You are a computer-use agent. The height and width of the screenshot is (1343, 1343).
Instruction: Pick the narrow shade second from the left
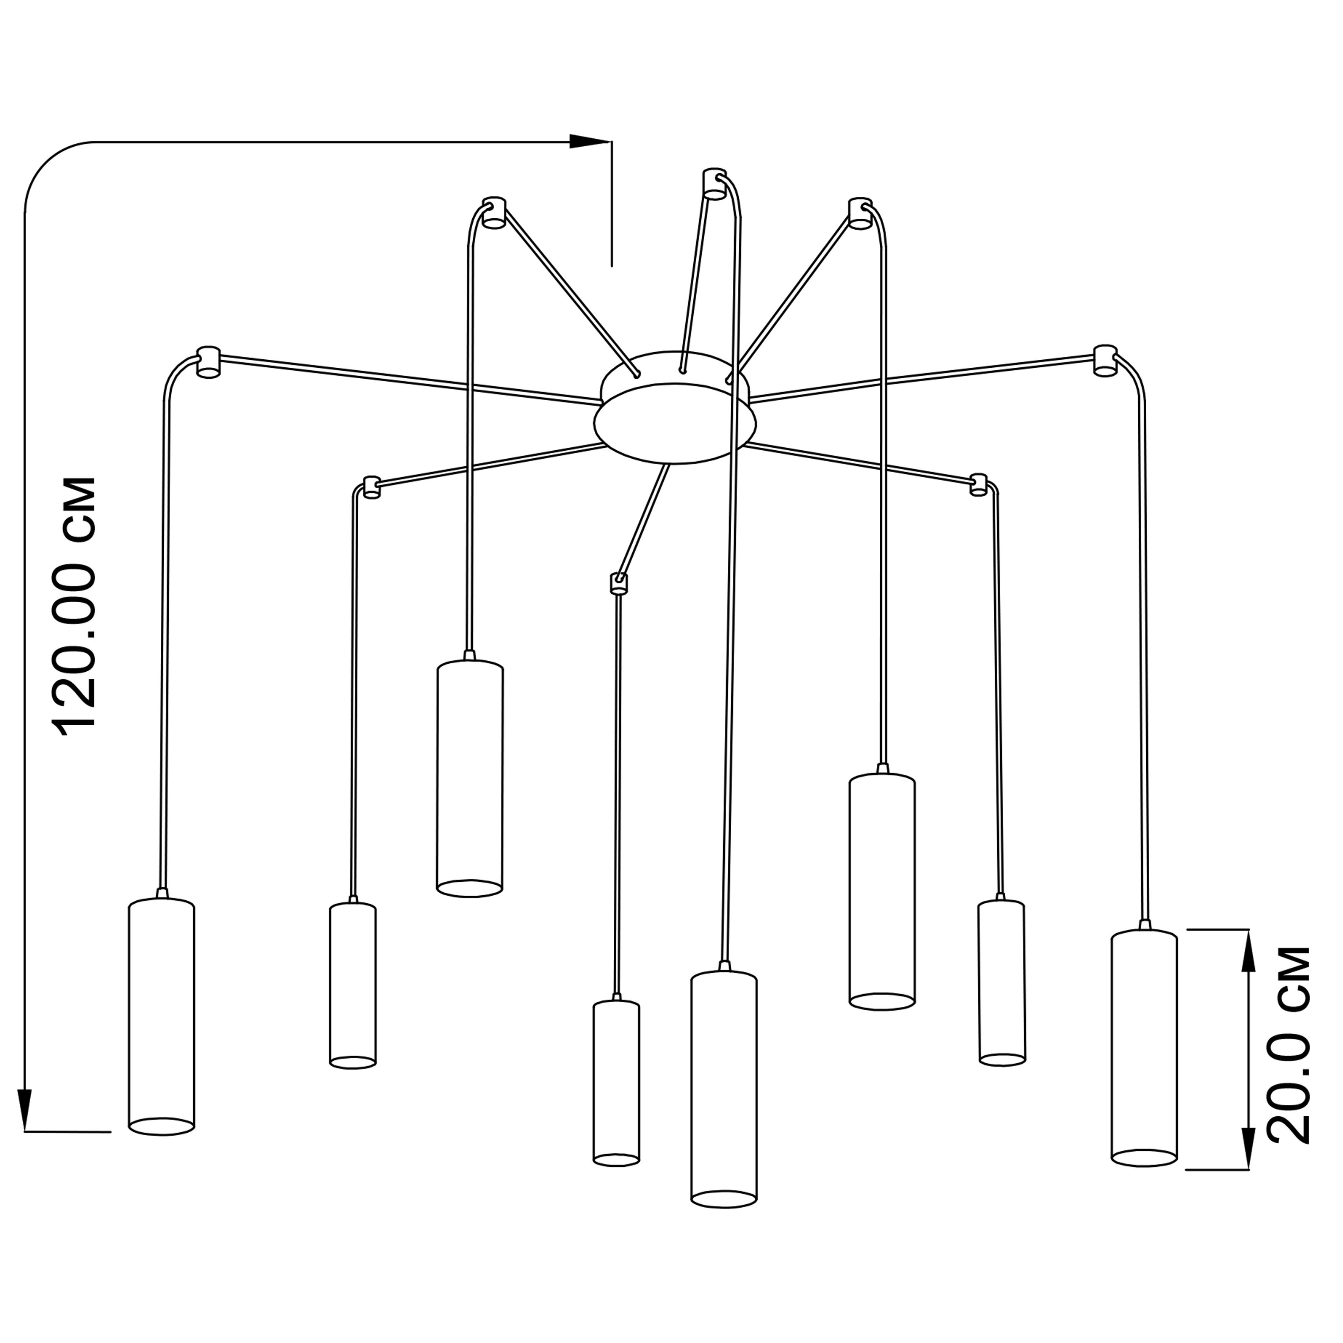click(353, 984)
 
